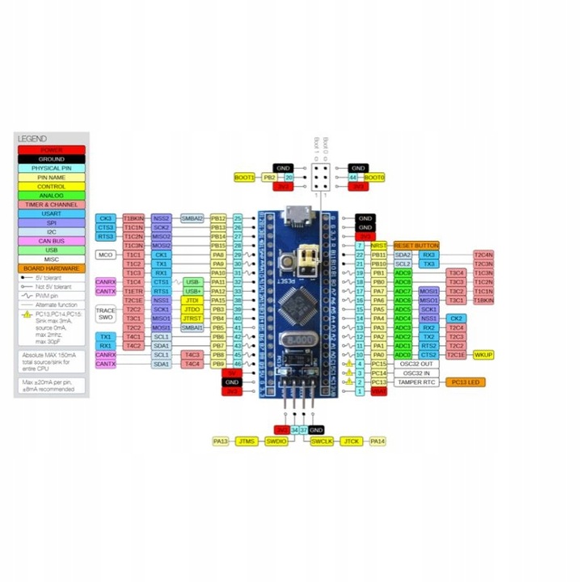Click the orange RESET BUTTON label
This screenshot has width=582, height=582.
click(x=416, y=245)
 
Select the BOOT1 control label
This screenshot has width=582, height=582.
click(x=244, y=177)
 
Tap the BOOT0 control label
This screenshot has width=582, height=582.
click(x=374, y=177)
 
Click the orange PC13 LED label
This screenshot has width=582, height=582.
click(x=465, y=382)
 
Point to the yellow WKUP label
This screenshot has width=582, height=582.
click(x=483, y=354)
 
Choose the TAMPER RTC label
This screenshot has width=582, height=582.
click(x=416, y=382)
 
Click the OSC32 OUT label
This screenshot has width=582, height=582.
click(x=416, y=364)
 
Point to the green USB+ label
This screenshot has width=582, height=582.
click(x=192, y=291)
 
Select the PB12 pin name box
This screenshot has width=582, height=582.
click(x=217, y=218)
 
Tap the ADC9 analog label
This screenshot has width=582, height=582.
click(x=403, y=272)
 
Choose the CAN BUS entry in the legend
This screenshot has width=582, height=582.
click(x=50, y=240)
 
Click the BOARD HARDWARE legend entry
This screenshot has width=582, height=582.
click(x=50, y=268)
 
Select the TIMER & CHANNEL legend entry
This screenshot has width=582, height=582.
click(x=50, y=205)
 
